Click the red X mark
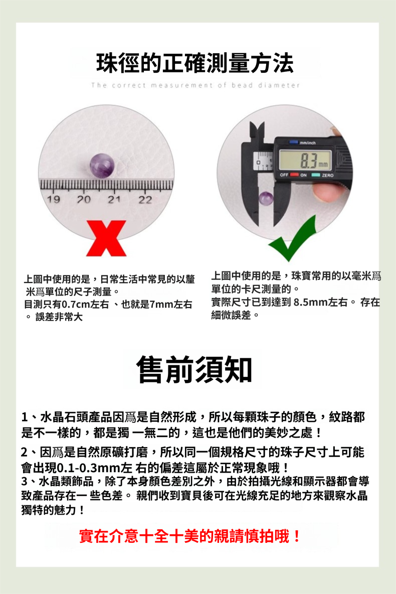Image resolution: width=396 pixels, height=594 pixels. [106, 238]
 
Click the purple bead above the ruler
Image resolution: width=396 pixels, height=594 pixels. [102, 166]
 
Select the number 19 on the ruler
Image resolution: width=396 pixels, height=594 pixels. [53, 199]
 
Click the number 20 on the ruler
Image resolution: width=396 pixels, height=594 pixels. [84, 199]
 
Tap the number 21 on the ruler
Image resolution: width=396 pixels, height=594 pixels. [114, 199]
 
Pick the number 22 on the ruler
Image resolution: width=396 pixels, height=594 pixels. [145, 199]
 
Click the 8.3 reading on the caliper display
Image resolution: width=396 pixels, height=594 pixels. [309, 160]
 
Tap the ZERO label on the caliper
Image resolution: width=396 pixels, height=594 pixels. [327, 176]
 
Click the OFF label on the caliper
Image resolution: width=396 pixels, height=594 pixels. [284, 175]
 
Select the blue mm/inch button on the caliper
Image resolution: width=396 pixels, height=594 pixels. [293, 142]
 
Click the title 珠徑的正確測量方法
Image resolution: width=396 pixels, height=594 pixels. [195, 63]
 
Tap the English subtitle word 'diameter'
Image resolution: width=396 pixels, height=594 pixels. [279, 85]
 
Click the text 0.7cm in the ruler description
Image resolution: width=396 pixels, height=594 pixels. [76, 304]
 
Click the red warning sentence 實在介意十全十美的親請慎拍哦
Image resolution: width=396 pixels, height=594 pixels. [190, 536]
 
